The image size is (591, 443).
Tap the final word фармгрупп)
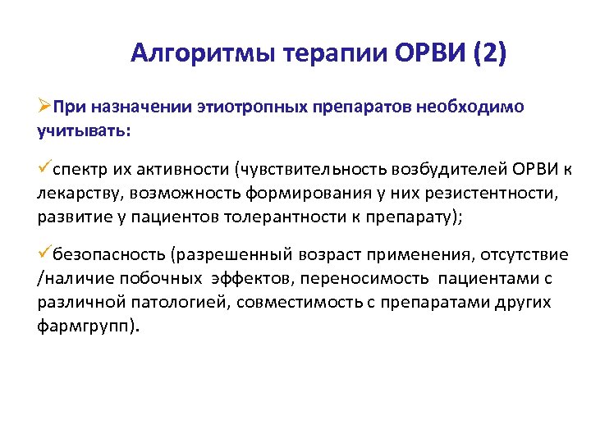pos(89,327)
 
